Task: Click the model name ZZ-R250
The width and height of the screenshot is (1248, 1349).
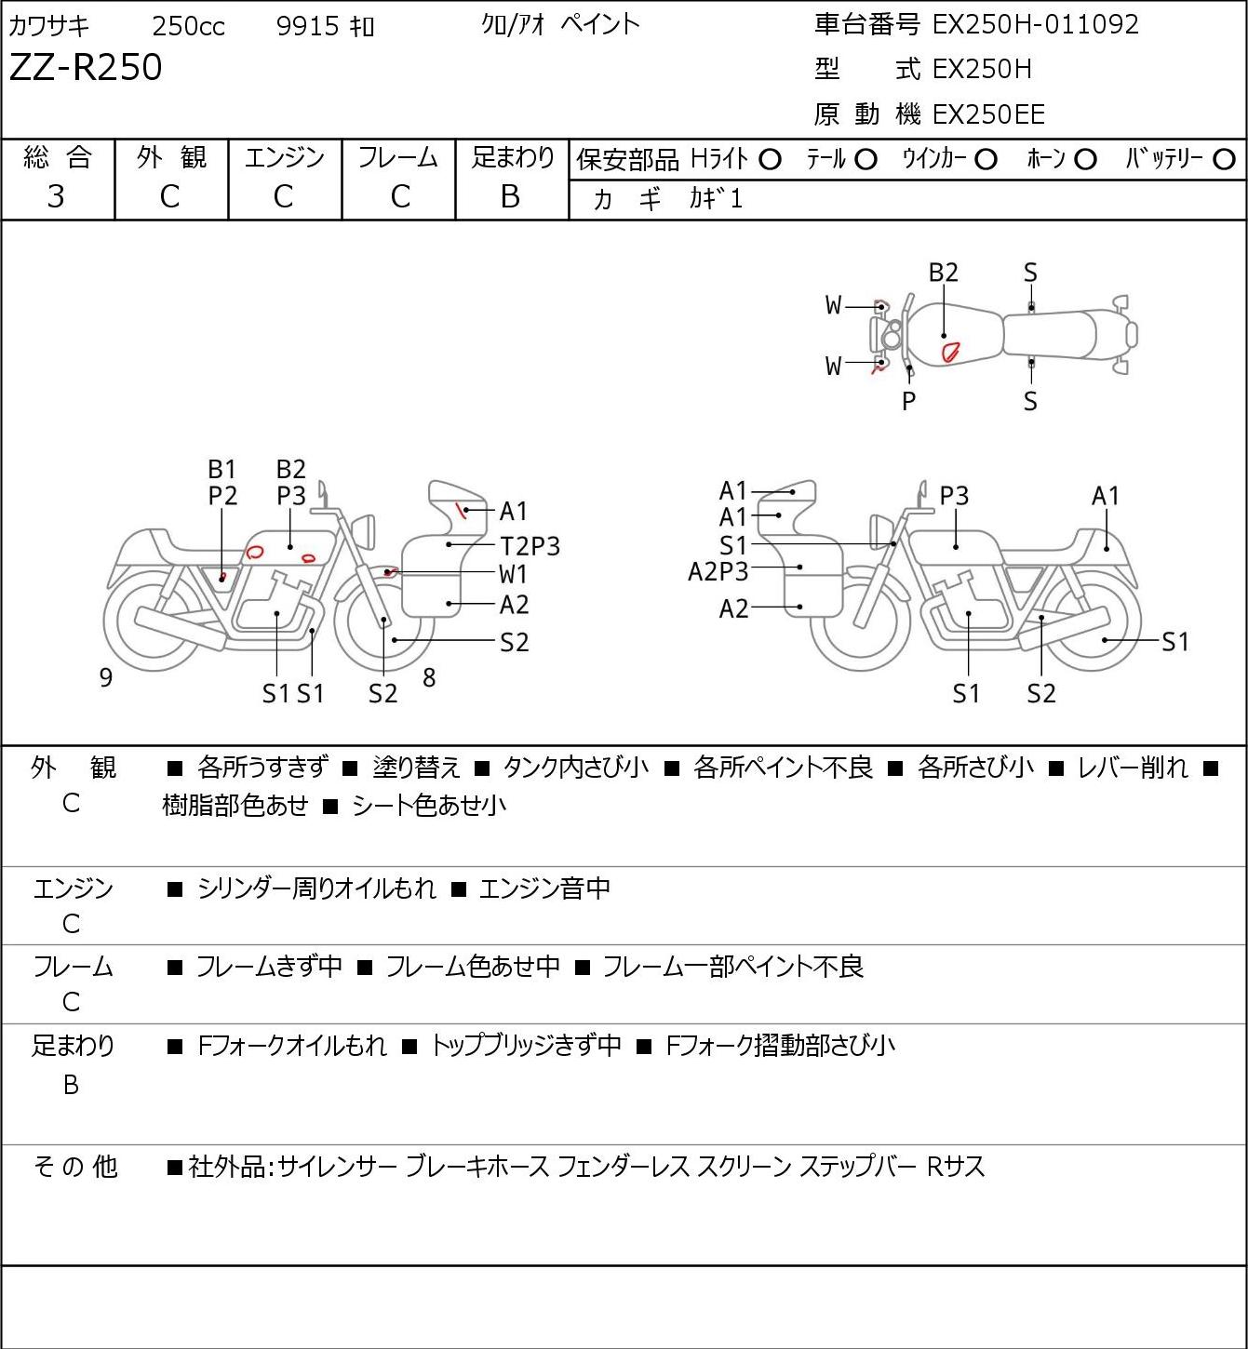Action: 86,67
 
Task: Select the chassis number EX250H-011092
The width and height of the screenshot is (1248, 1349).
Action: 1035,25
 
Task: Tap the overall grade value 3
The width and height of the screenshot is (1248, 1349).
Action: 56,197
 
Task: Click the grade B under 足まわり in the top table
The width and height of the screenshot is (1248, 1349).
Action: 510,197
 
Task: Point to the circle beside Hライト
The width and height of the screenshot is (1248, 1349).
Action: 770,160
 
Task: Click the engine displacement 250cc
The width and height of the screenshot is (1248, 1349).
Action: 188,26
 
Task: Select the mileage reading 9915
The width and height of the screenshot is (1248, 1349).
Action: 307,26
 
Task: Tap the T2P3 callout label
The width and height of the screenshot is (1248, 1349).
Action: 530,546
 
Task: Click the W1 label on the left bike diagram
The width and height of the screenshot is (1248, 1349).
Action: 513,575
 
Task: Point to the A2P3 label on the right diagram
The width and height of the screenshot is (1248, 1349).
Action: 718,572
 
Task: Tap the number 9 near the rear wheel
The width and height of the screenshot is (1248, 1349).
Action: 105,677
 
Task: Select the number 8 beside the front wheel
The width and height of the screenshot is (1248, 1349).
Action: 429,677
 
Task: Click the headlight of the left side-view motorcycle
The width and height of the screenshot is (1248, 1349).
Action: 364,530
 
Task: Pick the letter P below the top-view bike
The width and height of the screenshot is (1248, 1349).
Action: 908,401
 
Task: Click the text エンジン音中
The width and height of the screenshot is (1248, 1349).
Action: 544,888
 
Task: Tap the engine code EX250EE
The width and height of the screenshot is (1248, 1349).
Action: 988,114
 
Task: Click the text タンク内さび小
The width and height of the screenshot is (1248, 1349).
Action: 575,768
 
